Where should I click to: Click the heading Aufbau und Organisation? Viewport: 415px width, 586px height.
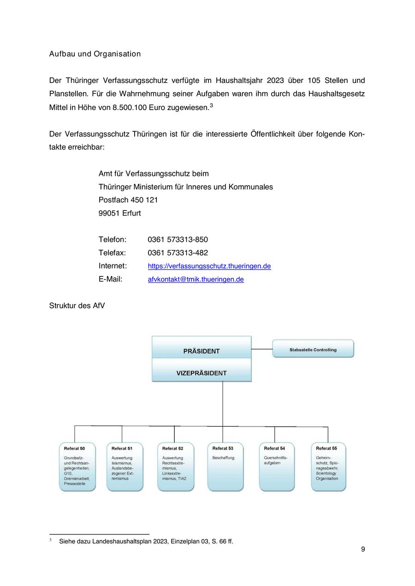[x=95, y=54]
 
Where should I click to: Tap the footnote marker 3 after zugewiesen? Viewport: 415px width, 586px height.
[x=211, y=105]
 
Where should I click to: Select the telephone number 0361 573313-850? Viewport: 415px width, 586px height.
[x=178, y=240]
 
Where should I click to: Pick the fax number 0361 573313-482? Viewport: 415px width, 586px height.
[x=178, y=253]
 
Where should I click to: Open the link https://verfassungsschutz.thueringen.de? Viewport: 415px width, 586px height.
[x=209, y=266]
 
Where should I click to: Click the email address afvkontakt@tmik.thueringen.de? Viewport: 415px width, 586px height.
[x=196, y=279]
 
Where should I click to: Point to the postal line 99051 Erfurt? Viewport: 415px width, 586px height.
[x=119, y=213]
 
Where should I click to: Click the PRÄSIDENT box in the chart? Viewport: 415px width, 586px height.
[x=202, y=348]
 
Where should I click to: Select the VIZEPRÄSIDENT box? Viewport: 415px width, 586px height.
[x=202, y=371]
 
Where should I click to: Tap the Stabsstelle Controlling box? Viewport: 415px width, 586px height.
[x=313, y=349]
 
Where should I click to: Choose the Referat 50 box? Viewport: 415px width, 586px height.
[x=77, y=466]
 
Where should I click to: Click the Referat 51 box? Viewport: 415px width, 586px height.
[x=125, y=466]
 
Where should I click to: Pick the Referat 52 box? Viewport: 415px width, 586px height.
[x=175, y=466]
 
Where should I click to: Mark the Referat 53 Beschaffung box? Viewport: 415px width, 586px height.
[x=225, y=466]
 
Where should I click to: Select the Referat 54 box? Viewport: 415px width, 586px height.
[x=277, y=466]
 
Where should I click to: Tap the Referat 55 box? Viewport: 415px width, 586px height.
[x=328, y=466]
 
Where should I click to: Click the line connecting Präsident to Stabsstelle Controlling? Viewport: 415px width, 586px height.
[x=262, y=349]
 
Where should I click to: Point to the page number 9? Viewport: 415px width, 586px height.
[x=363, y=549]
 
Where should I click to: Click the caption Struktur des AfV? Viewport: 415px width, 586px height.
[x=77, y=305]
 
